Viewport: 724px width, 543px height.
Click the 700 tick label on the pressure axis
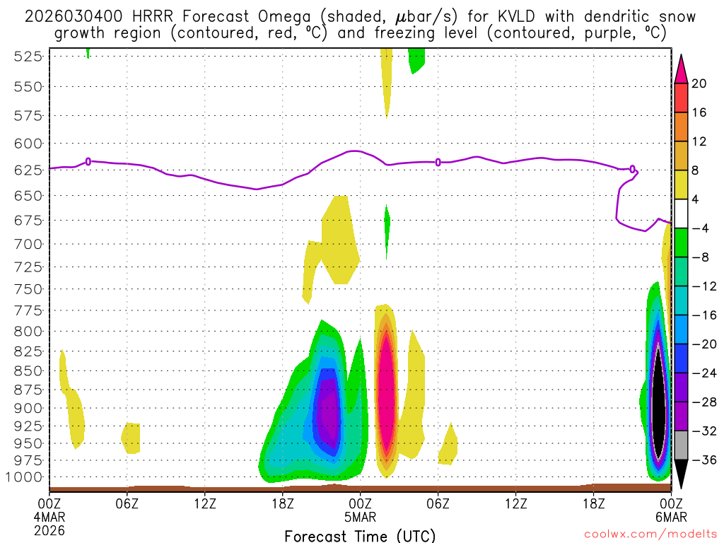pyautogui.click(x=26, y=244)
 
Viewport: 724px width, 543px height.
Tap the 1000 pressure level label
pyautogui.click(x=23, y=477)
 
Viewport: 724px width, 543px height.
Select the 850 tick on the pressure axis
pyautogui.click(x=26, y=370)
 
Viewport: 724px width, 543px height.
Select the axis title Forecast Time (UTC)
pyautogui.click(x=360, y=535)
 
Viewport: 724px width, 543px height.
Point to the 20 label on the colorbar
pyautogui.click(x=699, y=83)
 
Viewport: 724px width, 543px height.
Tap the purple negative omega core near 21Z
pyautogui.click(x=327, y=410)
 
